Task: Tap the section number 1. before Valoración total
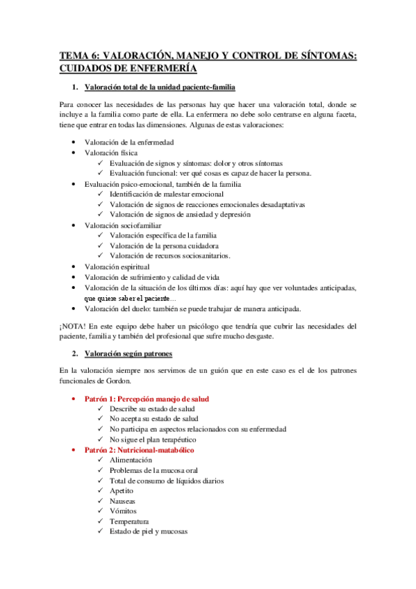click(x=76, y=88)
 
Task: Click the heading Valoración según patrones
click(x=128, y=355)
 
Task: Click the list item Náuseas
click(x=122, y=501)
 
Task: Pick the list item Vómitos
click(x=122, y=511)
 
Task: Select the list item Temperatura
click(x=129, y=521)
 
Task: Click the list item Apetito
click(x=122, y=490)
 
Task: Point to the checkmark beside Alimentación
click(x=101, y=460)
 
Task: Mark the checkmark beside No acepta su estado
click(x=101, y=420)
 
